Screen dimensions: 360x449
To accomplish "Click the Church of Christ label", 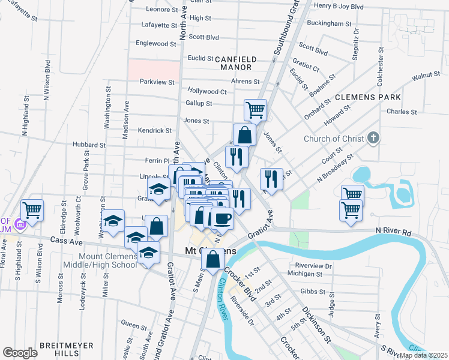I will (334, 139).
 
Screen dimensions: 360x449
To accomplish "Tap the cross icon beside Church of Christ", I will (373, 139).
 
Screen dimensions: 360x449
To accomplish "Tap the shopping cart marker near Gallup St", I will (256, 110).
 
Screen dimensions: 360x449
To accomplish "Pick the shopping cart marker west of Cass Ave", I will (31, 210).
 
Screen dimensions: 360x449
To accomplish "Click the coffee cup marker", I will (222, 218).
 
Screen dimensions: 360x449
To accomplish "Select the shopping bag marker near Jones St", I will (244, 134).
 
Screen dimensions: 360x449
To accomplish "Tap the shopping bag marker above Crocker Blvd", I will (212, 260).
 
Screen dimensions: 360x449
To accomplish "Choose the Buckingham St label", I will (328, 23).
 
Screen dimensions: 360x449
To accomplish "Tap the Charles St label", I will (402, 112).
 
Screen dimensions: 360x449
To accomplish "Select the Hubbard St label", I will (89, 145).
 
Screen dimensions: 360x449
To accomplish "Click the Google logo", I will (20, 352).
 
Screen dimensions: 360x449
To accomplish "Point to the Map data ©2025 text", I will (423, 355).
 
